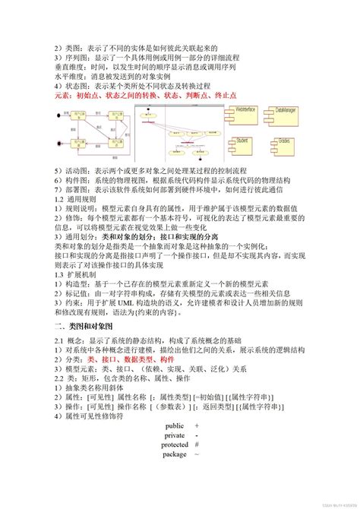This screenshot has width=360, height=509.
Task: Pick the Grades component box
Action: (x=286, y=142)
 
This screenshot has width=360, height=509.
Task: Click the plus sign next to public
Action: (x=197, y=426)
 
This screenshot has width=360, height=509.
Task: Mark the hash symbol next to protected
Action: (x=197, y=444)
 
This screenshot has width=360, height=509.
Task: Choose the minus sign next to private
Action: (x=197, y=435)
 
